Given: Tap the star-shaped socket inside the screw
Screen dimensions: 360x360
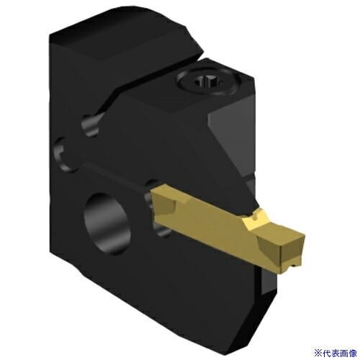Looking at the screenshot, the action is click(207, 82).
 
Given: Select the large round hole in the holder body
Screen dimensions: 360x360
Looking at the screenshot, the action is click(107, 223).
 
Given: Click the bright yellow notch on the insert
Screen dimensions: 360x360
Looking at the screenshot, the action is click(256, 217).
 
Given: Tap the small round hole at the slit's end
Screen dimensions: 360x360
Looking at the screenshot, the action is click(91, 125).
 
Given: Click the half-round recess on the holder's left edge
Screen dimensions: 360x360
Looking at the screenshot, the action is click(63, 155).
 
